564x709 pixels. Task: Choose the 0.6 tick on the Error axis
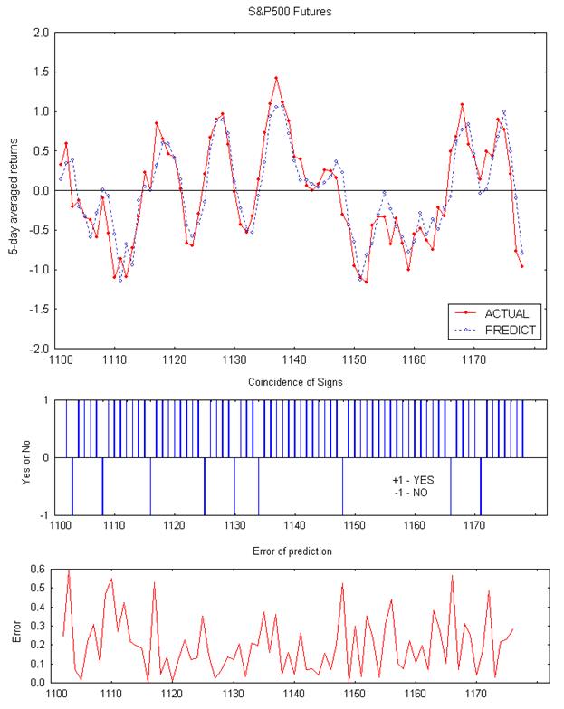[x=39, y=569]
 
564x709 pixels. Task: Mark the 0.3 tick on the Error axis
[x=39, y=626]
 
